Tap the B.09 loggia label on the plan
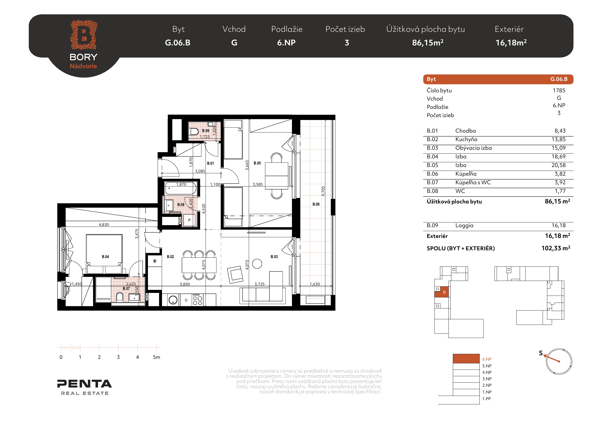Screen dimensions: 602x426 pos(316,204)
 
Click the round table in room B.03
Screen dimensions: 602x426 pos(257,264)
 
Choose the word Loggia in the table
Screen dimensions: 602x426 pos(464,226)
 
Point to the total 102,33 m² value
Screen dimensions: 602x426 pos(556,248)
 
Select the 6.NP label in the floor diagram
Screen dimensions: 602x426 pos(487,359)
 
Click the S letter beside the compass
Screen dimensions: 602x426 pos(541,353)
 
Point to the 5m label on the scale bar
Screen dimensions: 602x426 pos(157,357)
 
